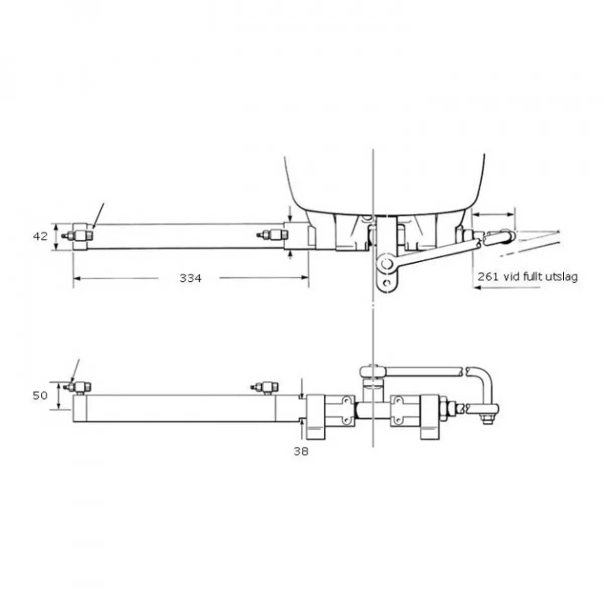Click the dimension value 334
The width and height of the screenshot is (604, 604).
[191, 278]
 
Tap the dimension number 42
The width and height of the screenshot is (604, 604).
[40, 236]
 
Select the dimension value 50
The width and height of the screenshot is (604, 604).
[40, 395]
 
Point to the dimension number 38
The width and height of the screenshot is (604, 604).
[301, 451]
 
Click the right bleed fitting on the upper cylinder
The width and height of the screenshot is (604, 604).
[272, 234]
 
